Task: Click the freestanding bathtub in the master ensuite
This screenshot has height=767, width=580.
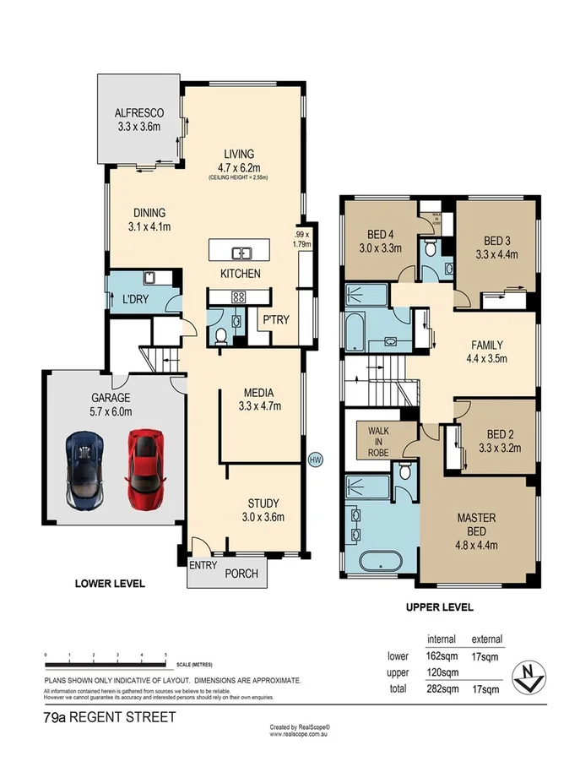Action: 380,562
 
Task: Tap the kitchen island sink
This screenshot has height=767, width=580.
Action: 241,252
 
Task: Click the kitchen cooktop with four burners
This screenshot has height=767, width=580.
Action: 239,296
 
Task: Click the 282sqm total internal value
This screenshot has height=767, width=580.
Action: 442,688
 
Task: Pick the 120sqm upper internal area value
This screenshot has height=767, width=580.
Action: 442,672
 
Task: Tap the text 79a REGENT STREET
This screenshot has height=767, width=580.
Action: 110,718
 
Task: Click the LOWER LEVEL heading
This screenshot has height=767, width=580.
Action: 110,583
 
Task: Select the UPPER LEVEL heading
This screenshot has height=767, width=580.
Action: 439,607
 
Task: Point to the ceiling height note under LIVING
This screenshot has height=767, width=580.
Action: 239,178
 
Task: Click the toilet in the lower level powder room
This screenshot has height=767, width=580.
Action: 221,336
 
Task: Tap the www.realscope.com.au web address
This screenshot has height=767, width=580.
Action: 300,734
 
